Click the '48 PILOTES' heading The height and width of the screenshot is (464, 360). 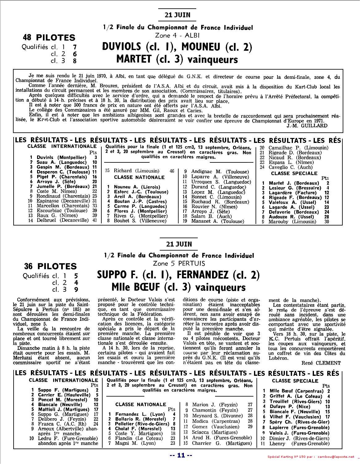[49, 38]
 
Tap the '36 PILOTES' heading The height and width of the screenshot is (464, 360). [50, 266]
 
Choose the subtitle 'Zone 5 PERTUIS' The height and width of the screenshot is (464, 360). [178, 263]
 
